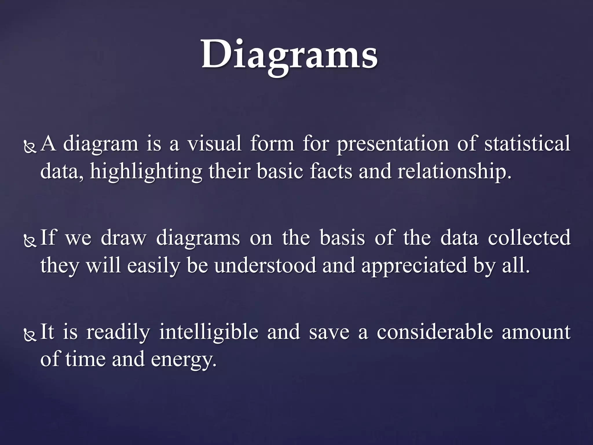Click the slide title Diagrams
click(x=290, y=55)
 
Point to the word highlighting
click(x=146, y=172)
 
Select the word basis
click(x=342, y=237)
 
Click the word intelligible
click(x=209, y=332)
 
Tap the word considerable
click(x=435, y=332)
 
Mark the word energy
click(x=184, y=360)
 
